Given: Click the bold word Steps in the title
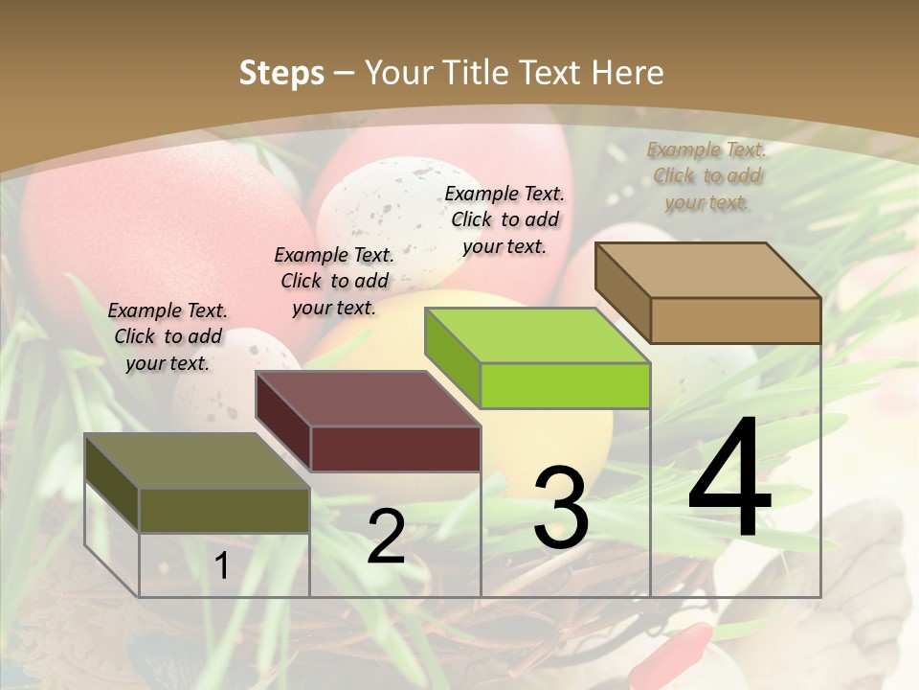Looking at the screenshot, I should tap(281, 73).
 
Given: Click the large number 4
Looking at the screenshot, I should tap(729, 479).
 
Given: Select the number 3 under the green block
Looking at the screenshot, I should tap(560, 508).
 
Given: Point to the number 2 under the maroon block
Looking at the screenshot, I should tap(386, 537).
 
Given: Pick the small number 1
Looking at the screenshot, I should tap(222, 566).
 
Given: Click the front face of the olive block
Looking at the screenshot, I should tap(224, 510).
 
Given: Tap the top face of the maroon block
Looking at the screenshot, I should tap(368, 399).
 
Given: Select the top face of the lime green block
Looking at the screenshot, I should tap(538, 335).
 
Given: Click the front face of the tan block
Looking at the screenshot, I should tap(735, 320).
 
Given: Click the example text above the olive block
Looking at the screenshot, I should tap(168, 336).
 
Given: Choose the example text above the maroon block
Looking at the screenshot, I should tap(334, 281).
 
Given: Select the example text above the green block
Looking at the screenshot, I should tap(504, 219).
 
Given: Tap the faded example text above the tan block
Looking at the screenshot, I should tap(706, 175).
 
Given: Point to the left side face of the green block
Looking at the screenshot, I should tap(452, 356).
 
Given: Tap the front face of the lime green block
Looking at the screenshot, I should tap(565, 385).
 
